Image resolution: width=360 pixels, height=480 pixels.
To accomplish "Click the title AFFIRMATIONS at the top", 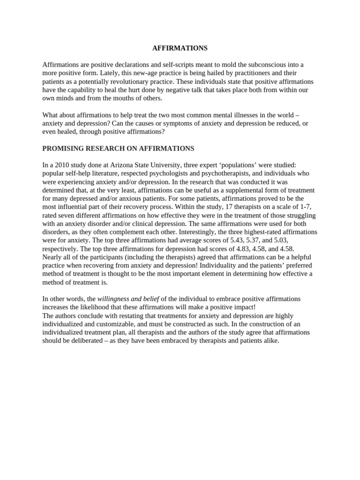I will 180,48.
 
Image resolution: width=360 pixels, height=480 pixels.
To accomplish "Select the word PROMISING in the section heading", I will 62,149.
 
